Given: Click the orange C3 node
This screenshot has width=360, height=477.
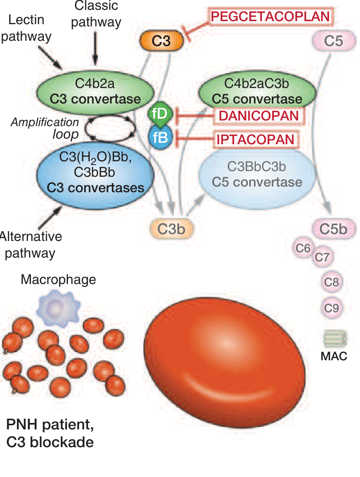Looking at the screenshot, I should click(162, 41).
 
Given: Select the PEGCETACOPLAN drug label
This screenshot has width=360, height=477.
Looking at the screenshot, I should click(270, 17).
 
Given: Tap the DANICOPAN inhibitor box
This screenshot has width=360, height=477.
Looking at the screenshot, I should click(259, 116).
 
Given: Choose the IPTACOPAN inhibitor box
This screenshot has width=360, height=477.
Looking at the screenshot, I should click(255, 139).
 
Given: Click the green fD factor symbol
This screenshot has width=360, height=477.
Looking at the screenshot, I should click(160, 113).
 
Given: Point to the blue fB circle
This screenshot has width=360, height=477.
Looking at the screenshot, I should click(161, 137).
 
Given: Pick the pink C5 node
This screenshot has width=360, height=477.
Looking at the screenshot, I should click(334, 41).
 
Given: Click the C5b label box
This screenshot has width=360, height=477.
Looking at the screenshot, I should click(334, 229).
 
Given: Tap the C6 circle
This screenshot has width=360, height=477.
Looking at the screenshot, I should click(303, 248).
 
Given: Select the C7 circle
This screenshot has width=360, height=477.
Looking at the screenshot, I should click(322, 257).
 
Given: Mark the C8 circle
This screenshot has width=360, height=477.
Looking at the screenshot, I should click(331, 282).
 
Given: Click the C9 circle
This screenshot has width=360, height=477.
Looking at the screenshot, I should click(331, 308).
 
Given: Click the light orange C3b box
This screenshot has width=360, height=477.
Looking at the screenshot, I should click(172, 229).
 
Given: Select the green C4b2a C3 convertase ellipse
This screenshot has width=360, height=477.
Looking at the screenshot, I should click(95, 91).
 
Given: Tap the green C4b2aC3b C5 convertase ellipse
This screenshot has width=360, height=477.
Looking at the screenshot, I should click(257, 91).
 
